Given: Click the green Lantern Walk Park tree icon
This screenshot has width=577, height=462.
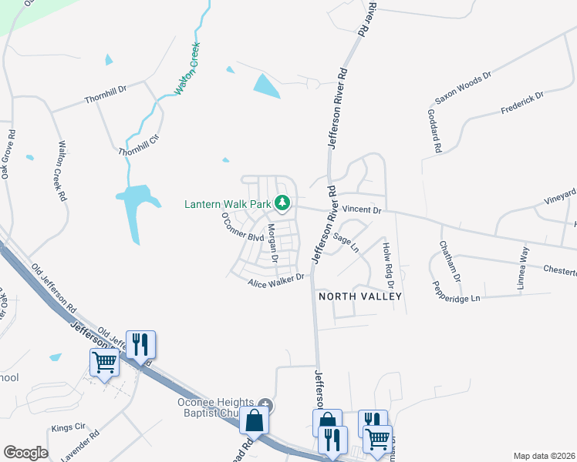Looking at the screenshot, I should pos(283,203).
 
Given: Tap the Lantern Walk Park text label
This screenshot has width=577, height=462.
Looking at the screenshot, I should pos(228,204).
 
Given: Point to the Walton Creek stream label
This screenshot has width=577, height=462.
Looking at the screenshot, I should pos(188,70).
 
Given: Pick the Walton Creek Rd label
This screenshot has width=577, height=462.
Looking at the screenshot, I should pos(60,171).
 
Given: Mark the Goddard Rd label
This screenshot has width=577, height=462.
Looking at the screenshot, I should pos(433,129).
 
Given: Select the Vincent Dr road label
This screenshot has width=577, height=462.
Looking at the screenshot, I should pos(362,209).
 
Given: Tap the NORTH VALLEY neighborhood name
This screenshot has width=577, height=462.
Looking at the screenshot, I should pos(360,296).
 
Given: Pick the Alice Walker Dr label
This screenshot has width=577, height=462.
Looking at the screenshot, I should pos(277,281).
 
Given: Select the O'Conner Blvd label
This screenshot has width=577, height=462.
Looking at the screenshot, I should pos(242,229).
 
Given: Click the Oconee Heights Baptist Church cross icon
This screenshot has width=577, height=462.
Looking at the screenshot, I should pos(266,403).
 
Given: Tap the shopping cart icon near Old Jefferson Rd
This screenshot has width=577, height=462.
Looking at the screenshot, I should pos(104,361).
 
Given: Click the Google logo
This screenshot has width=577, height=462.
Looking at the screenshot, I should pos(25,453).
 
